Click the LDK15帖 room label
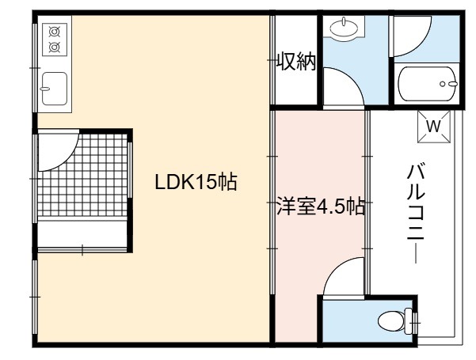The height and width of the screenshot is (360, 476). click(x=196, y=182)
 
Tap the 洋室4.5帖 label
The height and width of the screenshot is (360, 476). click(x=321, y=207)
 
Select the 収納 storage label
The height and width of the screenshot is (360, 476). click(x=297, y=61)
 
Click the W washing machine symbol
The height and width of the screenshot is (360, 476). click(x=433, y=126)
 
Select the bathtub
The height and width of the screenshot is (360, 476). click(x=428, y=84)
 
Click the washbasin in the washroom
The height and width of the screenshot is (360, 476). click(x=344, y=28)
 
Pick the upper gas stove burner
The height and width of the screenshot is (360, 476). click(x=55, y=32)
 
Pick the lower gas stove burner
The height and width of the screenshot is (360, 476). click(x=55, y=47)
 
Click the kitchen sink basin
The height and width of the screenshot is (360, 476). click(x=55, y=89)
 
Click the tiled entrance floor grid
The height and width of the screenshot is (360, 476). click(x=82, y=175)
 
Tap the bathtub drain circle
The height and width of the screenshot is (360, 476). click(x=443, y=84)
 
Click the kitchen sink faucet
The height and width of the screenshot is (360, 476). click(x=44, y=89)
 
